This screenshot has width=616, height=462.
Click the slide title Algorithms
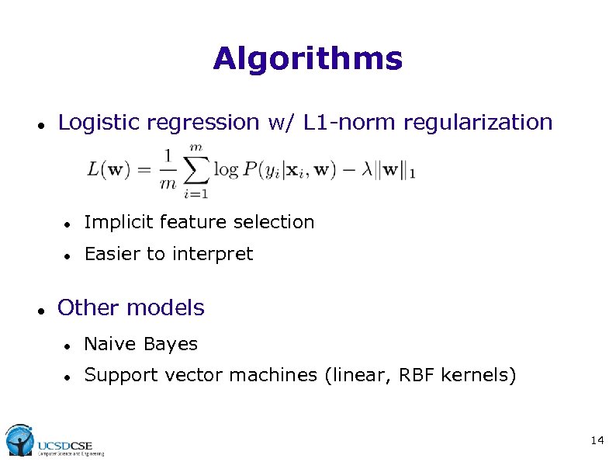coord(307,59)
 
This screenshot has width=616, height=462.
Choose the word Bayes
coord(170,345)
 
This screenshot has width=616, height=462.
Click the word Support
coord(117,376)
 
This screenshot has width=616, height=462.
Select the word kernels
coord(478,376)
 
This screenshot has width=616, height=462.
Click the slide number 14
coord(597,441)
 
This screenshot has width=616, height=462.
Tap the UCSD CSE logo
coord(54,441)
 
